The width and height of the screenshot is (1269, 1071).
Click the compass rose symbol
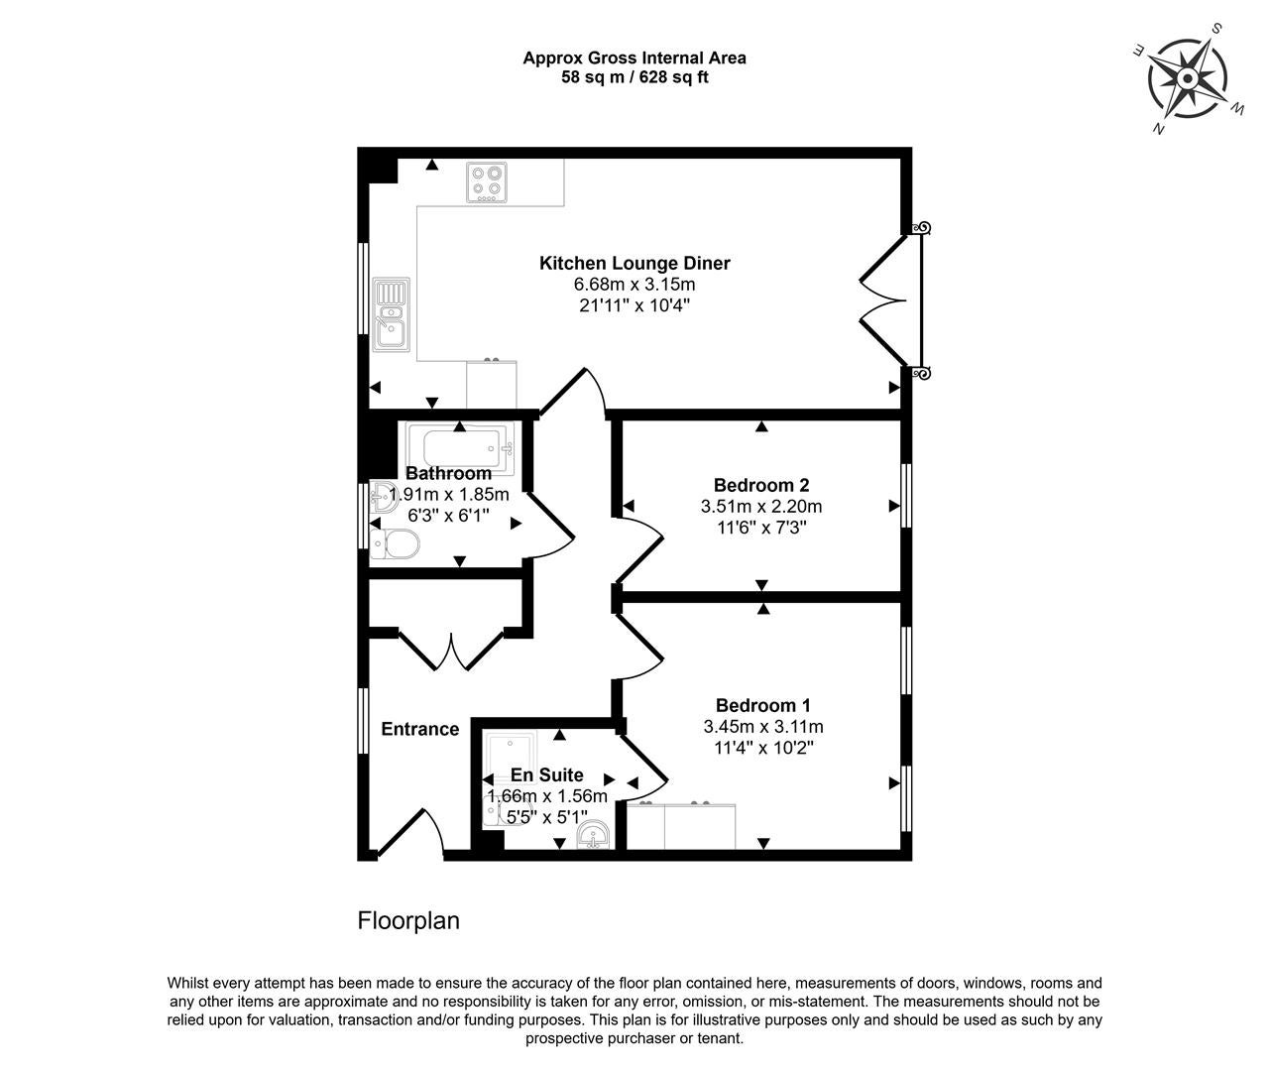[x=1187, y=79]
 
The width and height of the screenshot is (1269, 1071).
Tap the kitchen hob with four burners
[x=486, y=181]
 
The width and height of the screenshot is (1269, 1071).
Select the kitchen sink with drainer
[x=392, y=313]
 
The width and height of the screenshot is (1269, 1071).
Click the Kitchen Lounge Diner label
[x=634, y=263]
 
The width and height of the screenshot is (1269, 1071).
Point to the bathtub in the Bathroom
[x=462, y=448]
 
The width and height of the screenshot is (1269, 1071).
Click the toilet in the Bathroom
[x=395, y=542]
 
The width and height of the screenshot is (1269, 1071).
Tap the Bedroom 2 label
[x=761, y=485]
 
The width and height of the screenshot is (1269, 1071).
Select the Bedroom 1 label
[x=762, y=705]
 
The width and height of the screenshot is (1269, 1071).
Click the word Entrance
[x=420, y=729]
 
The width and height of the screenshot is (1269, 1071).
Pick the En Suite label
[x=546, y=774]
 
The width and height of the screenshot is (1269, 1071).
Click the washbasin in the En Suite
[x=592, y=834]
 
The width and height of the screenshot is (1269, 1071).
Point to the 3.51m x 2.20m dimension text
[x=761, y=506]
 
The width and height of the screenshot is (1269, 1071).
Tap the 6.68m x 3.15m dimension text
[x=634, y=284]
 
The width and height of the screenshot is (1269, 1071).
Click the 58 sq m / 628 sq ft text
[x=634, y=77]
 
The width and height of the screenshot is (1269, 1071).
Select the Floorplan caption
[x=408, y=921]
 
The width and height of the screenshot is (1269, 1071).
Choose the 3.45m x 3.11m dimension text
[x=763, y=726]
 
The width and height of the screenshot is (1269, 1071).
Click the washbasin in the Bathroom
[x=384, y=497]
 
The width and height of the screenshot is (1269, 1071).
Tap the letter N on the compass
[x=1158, y=128]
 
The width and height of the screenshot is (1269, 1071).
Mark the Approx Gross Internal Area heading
[x=634, y=58]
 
